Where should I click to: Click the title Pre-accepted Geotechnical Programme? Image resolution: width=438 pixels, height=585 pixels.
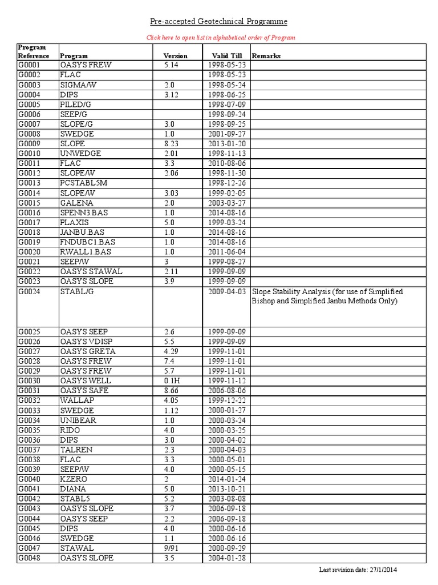coord(219,22)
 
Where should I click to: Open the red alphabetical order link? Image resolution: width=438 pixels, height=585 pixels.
coord(221,38)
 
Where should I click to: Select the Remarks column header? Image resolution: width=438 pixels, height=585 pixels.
coord(266,56)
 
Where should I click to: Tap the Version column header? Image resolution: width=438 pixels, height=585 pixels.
coord(175,56)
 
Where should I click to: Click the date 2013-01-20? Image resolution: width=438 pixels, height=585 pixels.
coord(227,144)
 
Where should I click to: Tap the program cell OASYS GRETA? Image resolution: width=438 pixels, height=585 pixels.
coord(86,351)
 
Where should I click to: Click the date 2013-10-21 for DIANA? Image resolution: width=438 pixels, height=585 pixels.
coord(227,489)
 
